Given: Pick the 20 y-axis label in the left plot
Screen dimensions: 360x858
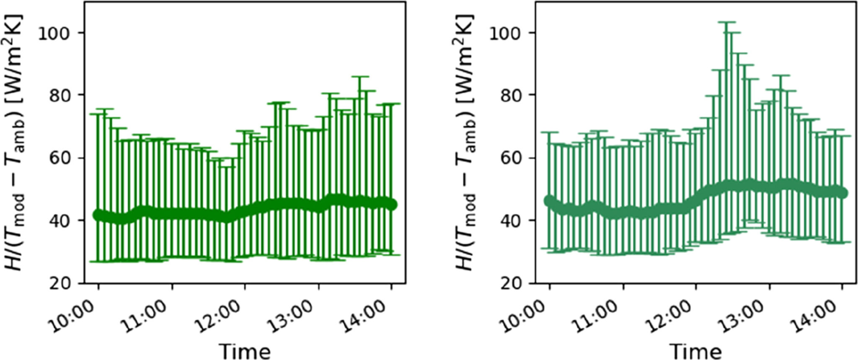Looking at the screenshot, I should click(x=61, y=284).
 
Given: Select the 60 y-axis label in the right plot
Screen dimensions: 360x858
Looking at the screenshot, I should click(x=512, y=158).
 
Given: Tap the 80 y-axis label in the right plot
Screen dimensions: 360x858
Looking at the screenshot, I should click(x=512, y=95).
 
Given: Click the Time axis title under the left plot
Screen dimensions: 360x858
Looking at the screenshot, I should click(x=245, y=350).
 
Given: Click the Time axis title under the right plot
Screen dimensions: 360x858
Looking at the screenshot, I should click(x=696, y=350).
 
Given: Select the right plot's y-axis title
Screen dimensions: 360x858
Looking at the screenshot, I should click(x=465, y=142).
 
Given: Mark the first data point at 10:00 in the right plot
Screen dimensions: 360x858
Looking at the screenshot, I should click(x=549, y=201).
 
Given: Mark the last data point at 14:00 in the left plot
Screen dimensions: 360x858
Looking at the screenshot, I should click(x=391, y=205).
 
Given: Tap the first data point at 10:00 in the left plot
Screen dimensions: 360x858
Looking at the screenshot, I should click(x=98, y=215).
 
